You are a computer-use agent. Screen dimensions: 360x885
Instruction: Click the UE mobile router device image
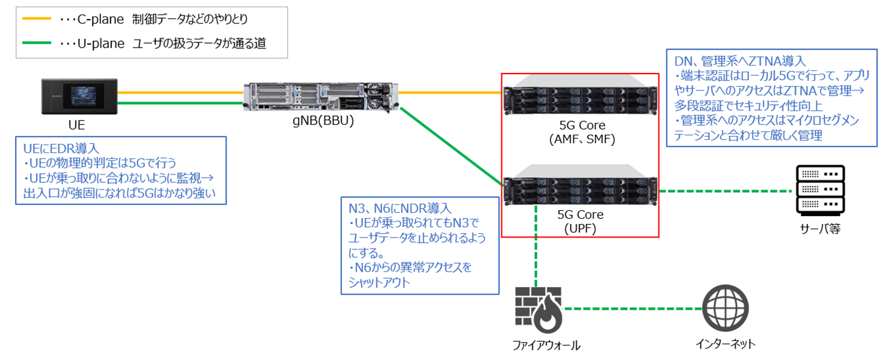coord(77,96)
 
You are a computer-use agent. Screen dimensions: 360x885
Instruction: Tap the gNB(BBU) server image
coord(322,96)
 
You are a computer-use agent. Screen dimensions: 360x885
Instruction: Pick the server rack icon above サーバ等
coord(820,190)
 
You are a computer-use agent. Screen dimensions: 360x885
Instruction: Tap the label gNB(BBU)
coord(322,121)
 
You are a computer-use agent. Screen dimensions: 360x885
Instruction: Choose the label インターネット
coord(725,344)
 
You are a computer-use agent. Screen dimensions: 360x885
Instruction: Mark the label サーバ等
coord(820,228)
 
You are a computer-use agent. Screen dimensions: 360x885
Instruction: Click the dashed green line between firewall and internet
coord(632,309)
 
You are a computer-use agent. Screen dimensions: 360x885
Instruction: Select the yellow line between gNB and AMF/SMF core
coord(449,92)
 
